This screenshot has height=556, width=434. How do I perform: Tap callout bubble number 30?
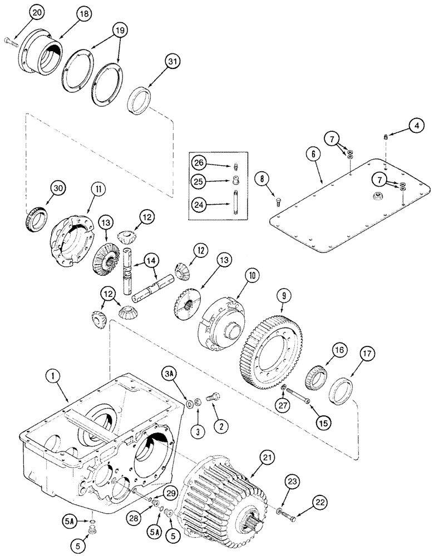59,189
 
